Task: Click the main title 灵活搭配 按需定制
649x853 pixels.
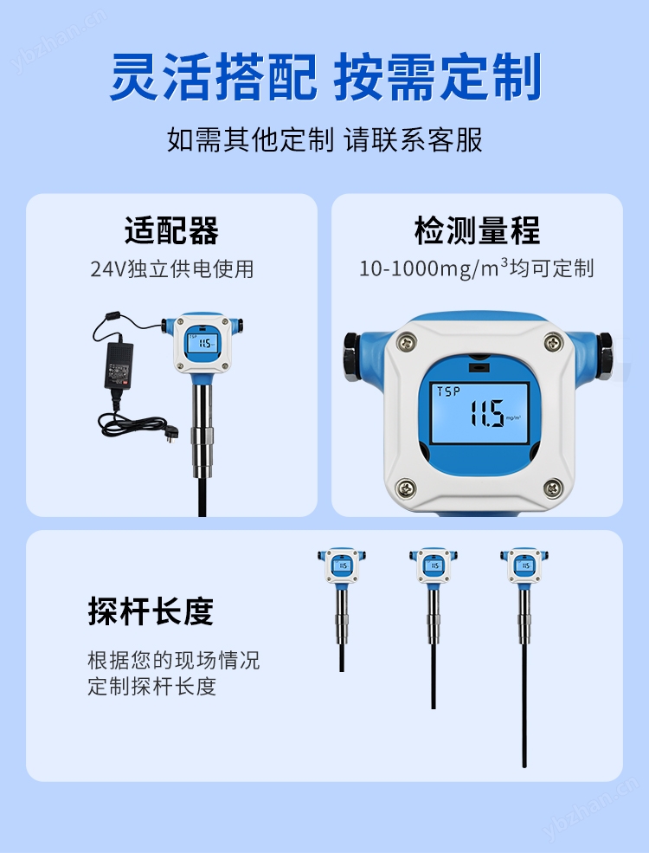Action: coord(325,77)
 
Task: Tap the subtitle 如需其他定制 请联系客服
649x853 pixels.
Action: coord(324,139)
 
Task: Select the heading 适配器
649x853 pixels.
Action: coord(171,230)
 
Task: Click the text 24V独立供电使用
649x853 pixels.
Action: coord(171,268)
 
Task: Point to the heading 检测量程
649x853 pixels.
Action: coord(477,230)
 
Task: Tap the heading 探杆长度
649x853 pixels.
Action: coord(151,611)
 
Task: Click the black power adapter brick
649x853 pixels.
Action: coord(118,365)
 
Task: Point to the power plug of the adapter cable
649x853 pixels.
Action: coord(171,436)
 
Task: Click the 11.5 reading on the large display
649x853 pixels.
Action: coord(487,413)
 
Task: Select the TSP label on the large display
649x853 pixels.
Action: coord(448,391)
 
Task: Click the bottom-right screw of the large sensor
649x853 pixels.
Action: coord(553,488)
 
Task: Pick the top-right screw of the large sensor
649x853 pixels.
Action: coord(553,342)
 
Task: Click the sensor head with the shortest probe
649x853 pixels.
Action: coord(341,565)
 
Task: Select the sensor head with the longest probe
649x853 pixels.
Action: coord(524,565)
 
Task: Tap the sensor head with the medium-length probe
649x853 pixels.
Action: coord(434,565)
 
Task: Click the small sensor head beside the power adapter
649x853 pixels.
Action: coord(203,344)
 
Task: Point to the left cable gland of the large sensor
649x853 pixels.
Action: coord(352,356)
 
